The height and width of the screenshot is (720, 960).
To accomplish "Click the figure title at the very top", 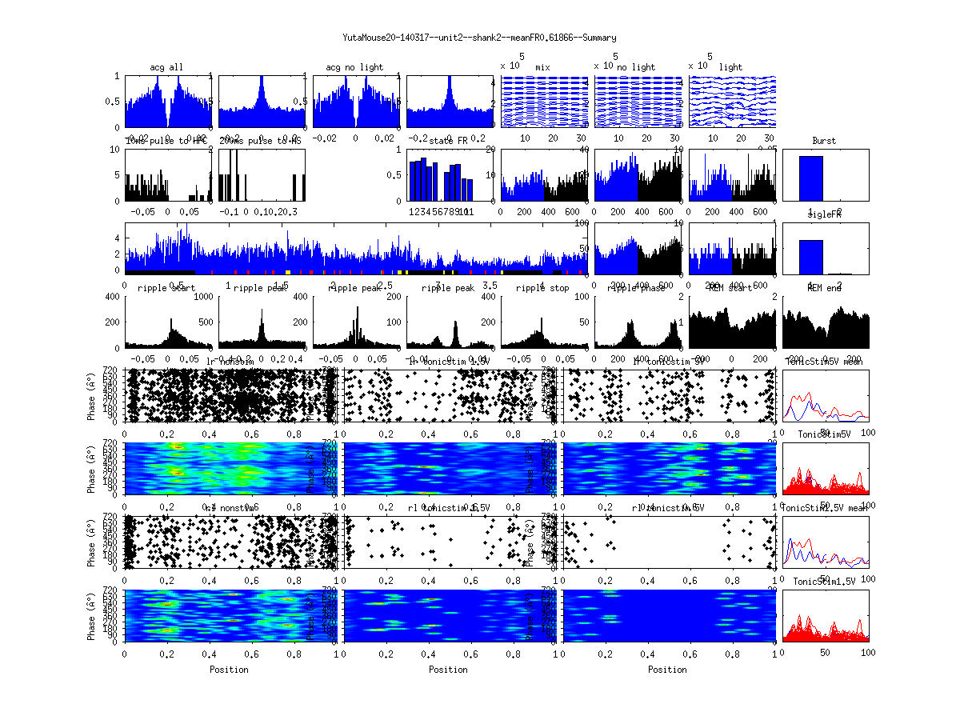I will click(479, 38).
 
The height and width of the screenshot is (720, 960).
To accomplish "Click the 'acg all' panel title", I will click(168, 66).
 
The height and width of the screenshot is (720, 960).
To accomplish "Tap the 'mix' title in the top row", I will click(544, 66).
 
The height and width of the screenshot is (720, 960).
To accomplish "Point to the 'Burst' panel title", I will click(824, 141).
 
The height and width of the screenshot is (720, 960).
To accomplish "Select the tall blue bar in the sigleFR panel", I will click(810, 257).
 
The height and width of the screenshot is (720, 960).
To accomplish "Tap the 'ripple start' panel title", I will click(168, 287).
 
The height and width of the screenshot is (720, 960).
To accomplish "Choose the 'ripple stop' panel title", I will click(543, 287).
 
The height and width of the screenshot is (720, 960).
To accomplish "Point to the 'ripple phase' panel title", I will click(638, 287).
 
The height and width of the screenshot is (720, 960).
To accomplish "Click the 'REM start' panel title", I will click(731, 287).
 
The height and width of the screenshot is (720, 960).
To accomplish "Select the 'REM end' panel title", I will click(825, 287).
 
